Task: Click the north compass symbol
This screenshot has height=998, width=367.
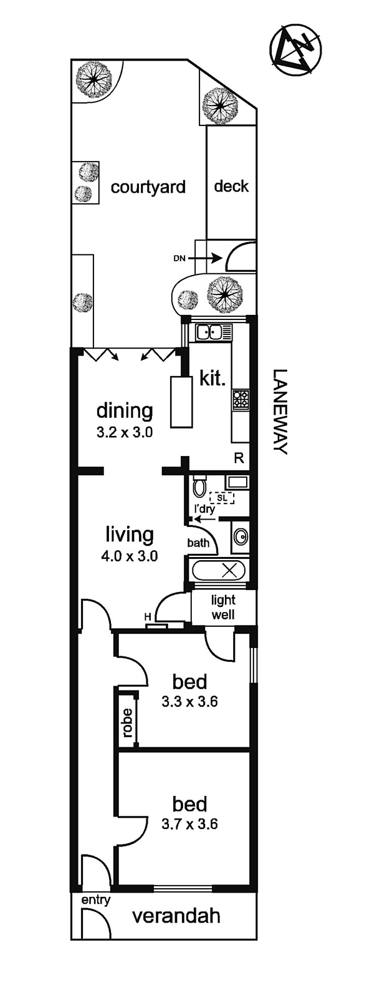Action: [x=295, y=47]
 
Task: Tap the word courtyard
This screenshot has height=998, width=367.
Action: [x=148, y=187]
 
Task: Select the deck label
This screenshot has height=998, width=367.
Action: [x=231, y=186]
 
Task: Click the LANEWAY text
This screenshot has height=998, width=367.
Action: [x=280, y=412]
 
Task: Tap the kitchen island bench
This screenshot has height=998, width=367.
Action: [x=179, y=402]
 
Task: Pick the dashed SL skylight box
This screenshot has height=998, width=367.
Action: [x=222, y=497]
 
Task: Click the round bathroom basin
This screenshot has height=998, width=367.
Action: [x=241, y=537]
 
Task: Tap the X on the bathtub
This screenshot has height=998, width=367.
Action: [x=229, y=571]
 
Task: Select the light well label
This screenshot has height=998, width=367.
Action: [x=223, y=607]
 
